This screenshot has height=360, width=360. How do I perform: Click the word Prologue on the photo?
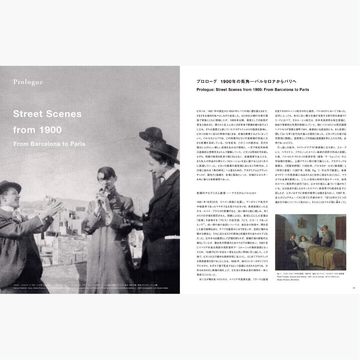(x=28, y=82)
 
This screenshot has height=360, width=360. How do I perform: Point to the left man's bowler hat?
(x=10, y=187)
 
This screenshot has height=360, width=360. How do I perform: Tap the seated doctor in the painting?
(x=291, y=248)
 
